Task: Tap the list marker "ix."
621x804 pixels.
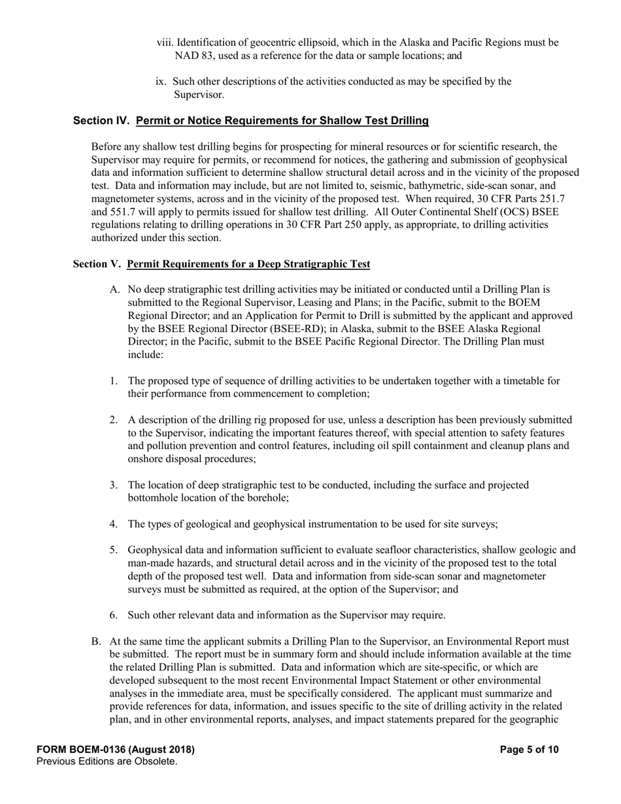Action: click(161, 82)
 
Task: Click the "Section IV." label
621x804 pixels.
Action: click(102, 120)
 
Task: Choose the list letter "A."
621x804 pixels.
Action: click(115, 289)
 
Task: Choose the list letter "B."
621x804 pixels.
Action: click(96, 641)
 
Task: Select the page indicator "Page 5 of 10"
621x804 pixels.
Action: click(529, 750)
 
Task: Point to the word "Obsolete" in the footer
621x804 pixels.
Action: click(155, 762)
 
